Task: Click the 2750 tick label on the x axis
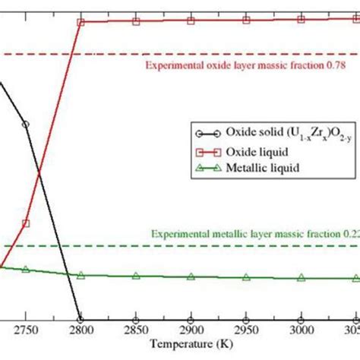point(25,332)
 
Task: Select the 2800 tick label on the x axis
point(81,332)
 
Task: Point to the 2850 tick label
point(136,332)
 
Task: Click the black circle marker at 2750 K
point(26,124)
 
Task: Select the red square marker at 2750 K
point(26,223)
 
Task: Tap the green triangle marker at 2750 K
point(26,269)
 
